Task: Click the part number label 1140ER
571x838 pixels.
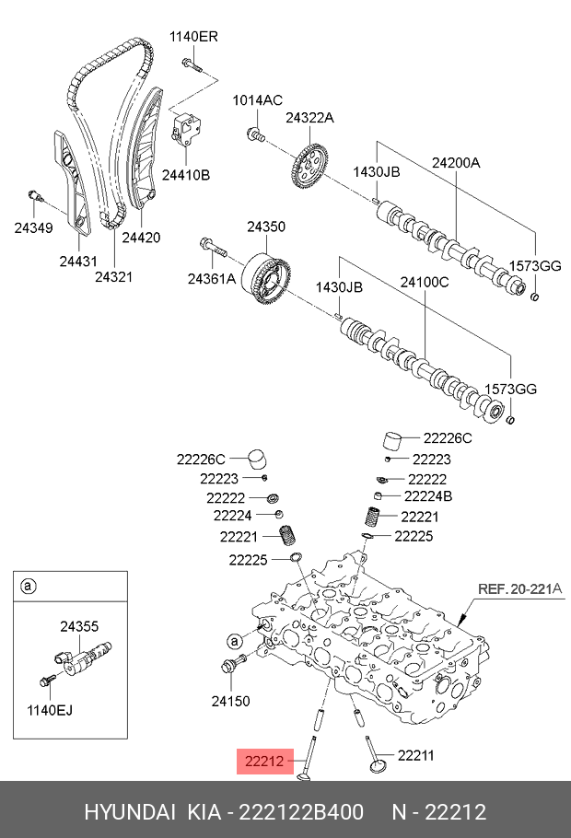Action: (193, 36)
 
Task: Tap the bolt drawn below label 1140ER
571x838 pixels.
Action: (192, 65)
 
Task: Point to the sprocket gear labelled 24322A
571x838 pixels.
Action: (309, 167)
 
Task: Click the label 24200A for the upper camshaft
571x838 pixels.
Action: (456, 162)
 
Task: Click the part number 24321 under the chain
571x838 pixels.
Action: (113, 277)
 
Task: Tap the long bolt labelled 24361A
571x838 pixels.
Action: (214, 248)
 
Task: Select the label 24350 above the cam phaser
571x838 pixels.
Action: (266, 227)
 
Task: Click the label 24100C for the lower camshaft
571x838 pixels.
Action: (425, 282)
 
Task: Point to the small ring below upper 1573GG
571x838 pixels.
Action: (535, 297)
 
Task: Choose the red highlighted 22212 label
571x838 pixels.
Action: (264, 761)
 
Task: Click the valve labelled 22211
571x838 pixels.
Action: (377, 756)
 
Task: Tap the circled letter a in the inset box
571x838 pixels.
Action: (28, 587)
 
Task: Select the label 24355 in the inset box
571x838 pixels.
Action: (79, 626)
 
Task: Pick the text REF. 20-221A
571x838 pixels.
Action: (519, 589)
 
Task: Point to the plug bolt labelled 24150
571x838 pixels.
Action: (233, 663)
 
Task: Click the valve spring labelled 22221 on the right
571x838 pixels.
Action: (372, 517)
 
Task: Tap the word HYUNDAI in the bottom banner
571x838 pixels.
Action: (130, 812)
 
